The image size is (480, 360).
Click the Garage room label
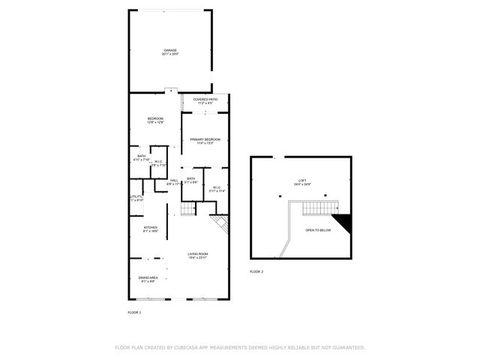(171, 50)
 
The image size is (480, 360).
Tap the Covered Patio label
(205, 99)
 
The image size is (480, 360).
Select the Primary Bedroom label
(205, 139)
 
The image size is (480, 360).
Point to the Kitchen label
(151, 227)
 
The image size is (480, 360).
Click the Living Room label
(198, 254)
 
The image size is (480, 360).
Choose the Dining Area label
(147, 277)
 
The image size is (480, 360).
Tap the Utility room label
(136, 196)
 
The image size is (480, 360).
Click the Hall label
(174, 180)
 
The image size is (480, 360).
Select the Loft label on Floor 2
(302, 180)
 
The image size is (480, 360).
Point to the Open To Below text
(318, 230)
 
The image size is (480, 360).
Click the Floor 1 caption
(134, 310)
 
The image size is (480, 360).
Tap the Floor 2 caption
(256, 271)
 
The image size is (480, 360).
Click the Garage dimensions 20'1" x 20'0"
(171, 55)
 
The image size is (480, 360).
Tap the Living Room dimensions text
(198, 259)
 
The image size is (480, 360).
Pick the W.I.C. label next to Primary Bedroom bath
(217, 187)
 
